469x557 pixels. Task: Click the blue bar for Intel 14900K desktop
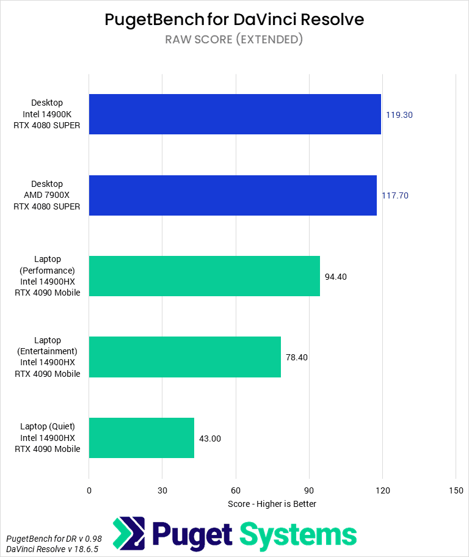[234, 114]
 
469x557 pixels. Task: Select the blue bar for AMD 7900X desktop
[233, 195]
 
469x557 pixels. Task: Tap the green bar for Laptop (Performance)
[204, 276]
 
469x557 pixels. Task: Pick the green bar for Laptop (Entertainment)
[184, 357]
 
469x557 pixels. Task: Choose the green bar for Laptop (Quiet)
[141, 438]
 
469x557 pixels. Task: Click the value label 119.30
[400, 114]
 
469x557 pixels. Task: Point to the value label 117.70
[395, 195]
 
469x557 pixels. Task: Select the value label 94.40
[336, 276]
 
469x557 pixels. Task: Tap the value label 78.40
[297, 357]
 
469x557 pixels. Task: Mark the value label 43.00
[210, 438]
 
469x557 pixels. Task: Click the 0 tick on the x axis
[89, 490]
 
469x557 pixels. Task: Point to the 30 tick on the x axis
[162, 490]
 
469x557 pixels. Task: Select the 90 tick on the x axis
[309, 490]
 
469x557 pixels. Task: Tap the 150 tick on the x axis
[456, 490]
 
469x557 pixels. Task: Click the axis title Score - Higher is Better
[272, 504]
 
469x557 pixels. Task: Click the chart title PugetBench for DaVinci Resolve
[234, 20]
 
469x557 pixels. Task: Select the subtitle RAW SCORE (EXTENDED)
[234, 40]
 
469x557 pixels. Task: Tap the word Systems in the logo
[298, 534]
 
